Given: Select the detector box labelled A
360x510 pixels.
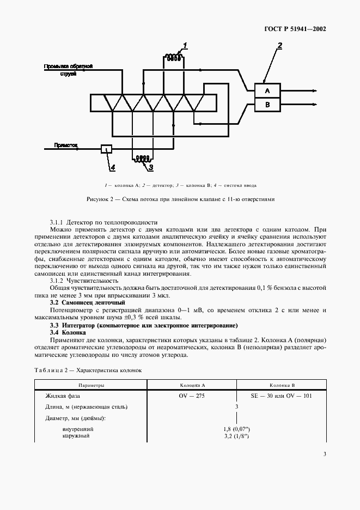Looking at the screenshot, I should (x=267, y=90).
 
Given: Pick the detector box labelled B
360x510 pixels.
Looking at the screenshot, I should (x=267, y=105).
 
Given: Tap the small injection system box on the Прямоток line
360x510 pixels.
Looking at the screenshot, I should (x=107, y=148).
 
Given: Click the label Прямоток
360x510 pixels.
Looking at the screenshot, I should (x=66, y=145).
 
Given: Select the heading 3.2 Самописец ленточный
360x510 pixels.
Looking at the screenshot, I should (x=88, y=302).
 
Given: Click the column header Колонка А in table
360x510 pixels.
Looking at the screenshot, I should (x=192, y=384).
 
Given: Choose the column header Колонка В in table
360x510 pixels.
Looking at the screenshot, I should (x=282, y=384).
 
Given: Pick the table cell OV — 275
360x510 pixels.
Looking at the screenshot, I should (x=192, y=396).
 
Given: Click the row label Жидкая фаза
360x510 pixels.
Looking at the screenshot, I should (x=63, y=396).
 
